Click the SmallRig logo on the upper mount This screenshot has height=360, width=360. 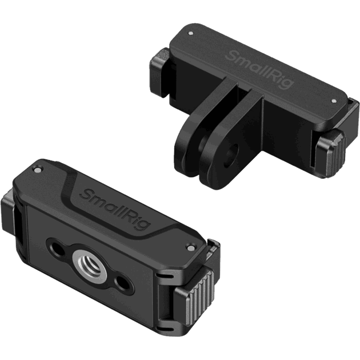coord(259,70)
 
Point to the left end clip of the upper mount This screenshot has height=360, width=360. coord(160,71)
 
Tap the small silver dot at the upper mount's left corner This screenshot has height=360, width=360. coord(190,33)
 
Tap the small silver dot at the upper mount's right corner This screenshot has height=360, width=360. coord(334,101)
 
